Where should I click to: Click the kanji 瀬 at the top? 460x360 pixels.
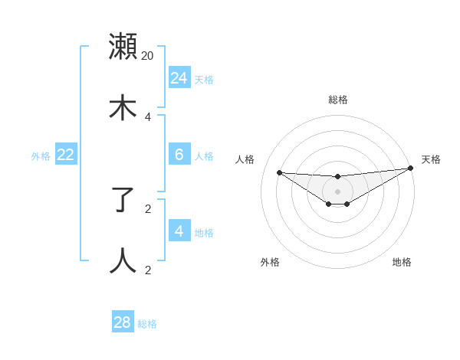click(123, 47)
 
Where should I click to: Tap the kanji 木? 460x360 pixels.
click(123, 107)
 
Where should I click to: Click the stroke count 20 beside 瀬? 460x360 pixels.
click(148, 55)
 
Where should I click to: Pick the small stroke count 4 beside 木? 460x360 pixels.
click(148, 116)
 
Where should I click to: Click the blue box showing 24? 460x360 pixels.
click(179, 77)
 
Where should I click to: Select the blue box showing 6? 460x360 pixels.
click(179, 154)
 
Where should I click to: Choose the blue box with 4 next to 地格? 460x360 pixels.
click(179, 231)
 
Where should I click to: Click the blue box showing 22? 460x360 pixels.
click(66, 154)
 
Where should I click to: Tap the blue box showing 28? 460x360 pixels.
click(123, 322)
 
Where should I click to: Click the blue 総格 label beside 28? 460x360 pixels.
click(147, 324)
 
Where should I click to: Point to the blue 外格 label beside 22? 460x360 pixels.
click(41, 156)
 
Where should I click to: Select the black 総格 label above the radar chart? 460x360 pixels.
click(337, 100)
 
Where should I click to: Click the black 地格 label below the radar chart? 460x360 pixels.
click(402, 262)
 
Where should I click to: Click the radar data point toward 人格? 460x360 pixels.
click(279, 172)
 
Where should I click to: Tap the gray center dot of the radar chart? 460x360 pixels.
click(337, 191)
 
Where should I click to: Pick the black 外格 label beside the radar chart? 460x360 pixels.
click(270, 262)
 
